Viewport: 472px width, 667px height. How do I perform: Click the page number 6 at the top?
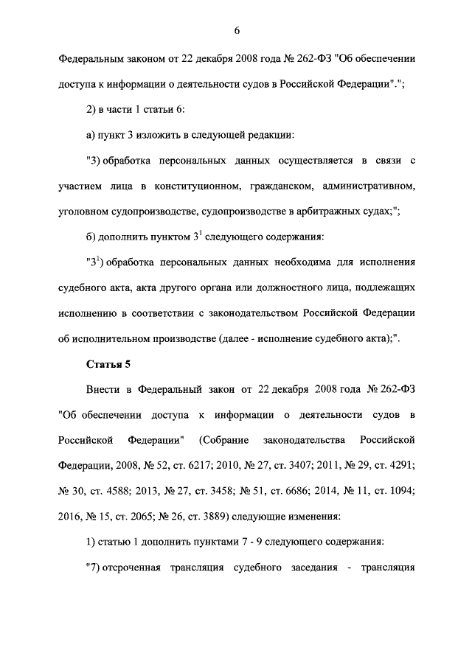point(236,30)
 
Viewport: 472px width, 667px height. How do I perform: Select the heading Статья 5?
point(109,363)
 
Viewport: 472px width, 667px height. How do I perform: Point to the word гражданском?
point(299,186)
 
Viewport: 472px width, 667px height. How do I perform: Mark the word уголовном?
point(83,212)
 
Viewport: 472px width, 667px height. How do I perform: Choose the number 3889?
point(218,517)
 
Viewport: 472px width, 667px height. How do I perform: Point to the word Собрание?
point(220,441)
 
